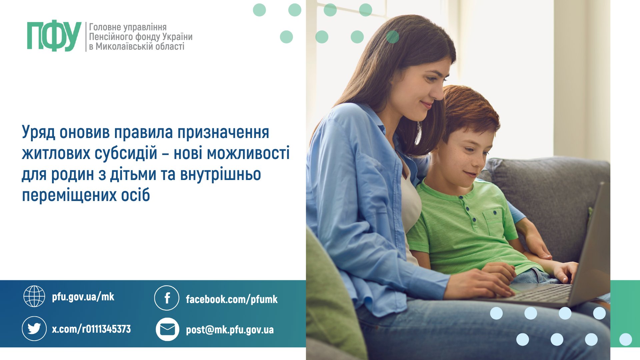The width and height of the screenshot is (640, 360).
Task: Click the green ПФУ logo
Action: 54,36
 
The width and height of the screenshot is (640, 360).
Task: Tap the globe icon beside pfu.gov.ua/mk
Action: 34,296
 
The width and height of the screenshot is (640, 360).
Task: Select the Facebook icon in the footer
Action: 167,298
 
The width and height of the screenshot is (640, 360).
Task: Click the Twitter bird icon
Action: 34,329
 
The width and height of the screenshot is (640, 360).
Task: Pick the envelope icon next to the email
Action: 167,329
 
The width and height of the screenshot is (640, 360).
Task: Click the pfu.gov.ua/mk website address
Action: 83,297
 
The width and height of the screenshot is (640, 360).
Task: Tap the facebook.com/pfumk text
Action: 232,299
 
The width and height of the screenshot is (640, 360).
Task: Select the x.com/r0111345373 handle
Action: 91,329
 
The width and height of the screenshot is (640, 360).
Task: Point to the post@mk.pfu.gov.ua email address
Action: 230,330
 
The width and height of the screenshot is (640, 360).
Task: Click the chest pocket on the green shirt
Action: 493,221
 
